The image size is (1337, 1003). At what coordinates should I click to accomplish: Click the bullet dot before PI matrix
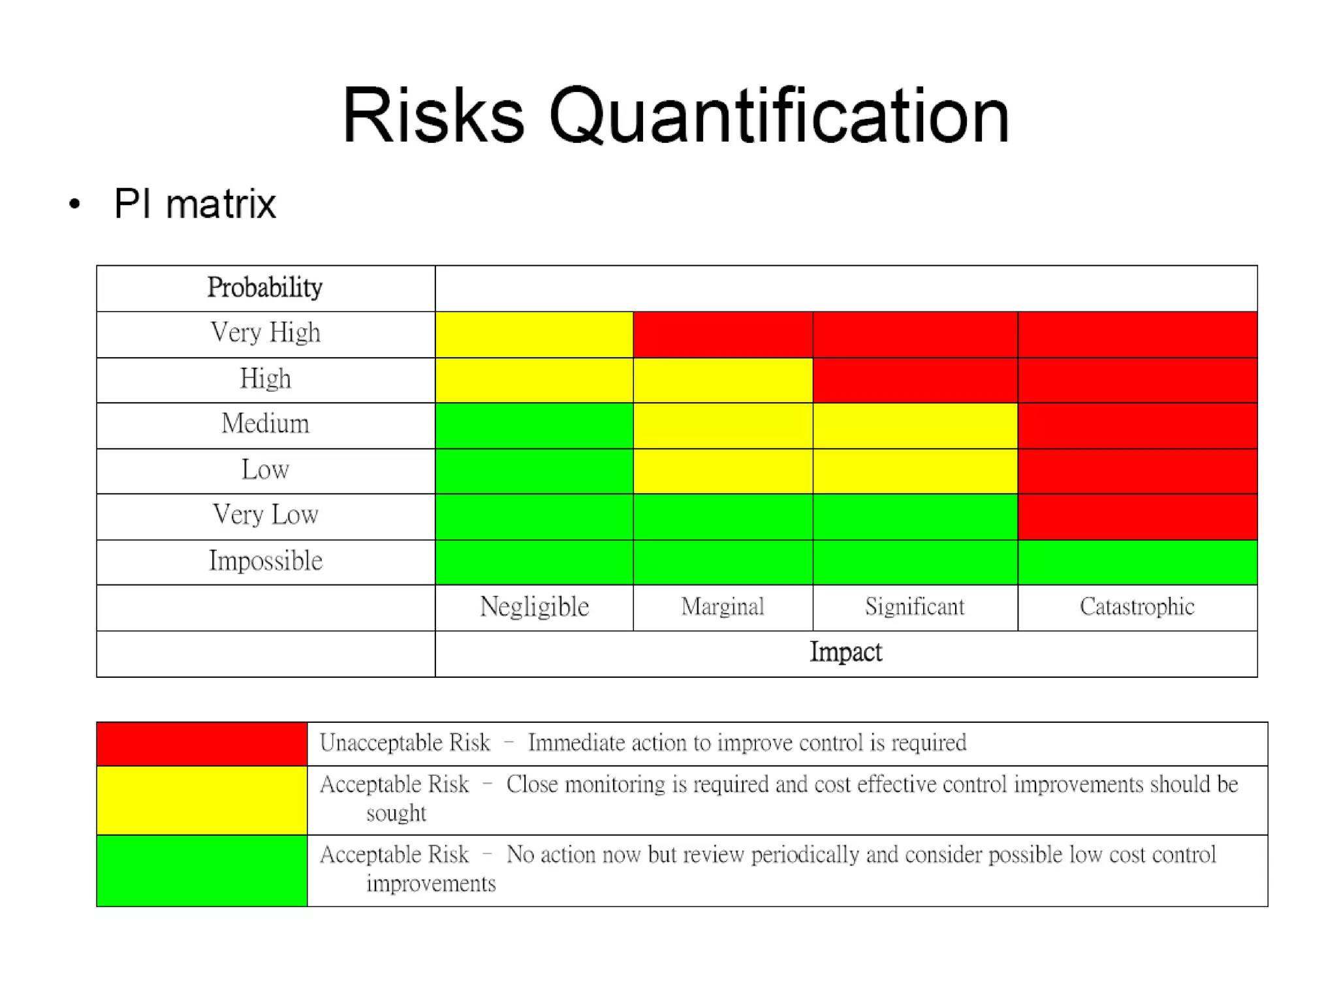pos(75,204)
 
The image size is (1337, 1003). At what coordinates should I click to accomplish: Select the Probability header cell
pos(265,288)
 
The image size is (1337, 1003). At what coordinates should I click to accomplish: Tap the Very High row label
pos(265,333)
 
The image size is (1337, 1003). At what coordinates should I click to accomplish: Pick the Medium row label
pos(265,424)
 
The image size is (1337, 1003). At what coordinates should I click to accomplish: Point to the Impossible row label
pos(265,561)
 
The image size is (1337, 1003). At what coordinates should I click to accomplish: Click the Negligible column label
pos(534,607)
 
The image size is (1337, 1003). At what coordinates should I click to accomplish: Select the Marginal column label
pos(722,607)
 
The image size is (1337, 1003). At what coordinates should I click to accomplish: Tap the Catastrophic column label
pos(1137,607)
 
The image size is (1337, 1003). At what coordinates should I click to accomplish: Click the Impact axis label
pos(845,652)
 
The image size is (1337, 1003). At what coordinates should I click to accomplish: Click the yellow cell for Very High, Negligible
pos(534,334)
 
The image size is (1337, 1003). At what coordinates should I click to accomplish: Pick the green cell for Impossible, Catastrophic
pos(1137,562)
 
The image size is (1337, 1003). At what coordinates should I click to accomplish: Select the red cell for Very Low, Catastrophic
pos(1137,517)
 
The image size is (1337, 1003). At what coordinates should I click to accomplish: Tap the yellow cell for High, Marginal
pos(722,380)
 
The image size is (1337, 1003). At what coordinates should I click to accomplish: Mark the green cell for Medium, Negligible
pos(534,425)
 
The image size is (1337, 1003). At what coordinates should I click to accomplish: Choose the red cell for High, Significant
pos(915,380)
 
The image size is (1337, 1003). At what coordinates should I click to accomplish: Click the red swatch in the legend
pos(202,744)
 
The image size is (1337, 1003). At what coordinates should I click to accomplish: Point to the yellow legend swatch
pos(202,800)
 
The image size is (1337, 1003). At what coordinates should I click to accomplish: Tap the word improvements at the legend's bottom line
pos(431,884)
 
